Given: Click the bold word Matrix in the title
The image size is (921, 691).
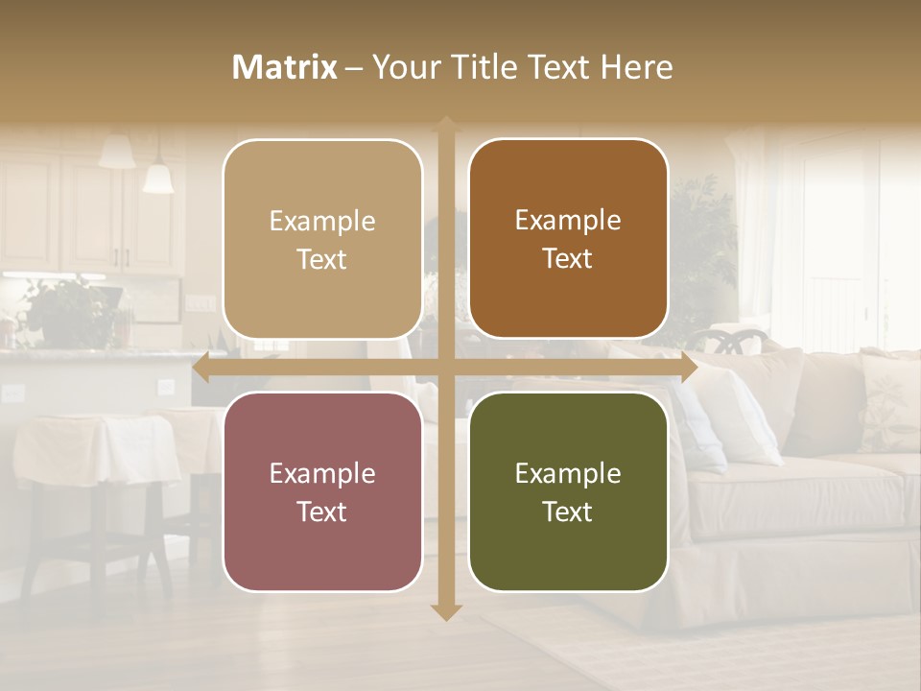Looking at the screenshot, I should (x=285, y=67).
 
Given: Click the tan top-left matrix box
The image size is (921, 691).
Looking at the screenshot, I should (x=322, y=239).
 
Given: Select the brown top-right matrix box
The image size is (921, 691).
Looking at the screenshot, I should (x=568, y=239).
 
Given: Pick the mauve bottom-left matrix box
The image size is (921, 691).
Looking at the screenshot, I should (x=322, y=491).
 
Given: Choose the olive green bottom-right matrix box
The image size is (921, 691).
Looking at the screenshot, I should (x=568, y=491).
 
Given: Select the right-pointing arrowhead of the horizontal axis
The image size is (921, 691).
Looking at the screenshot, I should (x=688, y=368).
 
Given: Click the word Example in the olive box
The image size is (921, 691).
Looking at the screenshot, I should (x=568, y=473).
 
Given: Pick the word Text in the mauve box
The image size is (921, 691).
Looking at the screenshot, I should (x=321, y=512).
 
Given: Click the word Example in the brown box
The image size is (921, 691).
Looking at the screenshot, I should (x=568, y=220).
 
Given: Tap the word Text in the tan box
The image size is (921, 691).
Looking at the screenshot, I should (x=321, y=259).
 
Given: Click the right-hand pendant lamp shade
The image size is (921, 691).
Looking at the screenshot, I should (x=158, y=179).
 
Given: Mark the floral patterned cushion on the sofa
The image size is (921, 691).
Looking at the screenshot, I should (x=888, y=403).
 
